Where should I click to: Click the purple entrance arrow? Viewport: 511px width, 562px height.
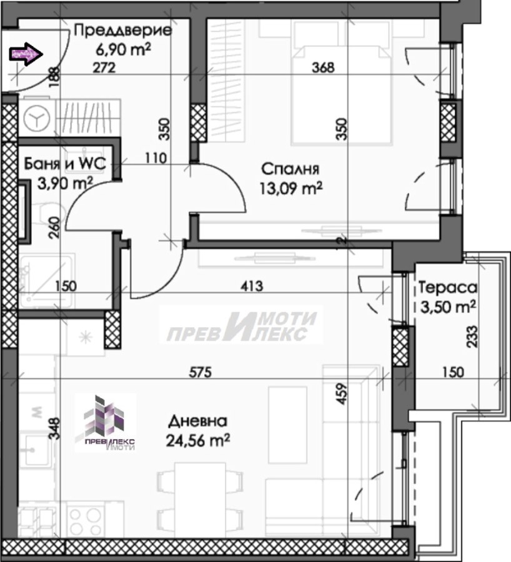(x=26, y=54)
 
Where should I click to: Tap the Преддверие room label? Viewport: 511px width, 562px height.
(x=123, y=31)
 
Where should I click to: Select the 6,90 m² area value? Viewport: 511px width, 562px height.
(x=123, y=49)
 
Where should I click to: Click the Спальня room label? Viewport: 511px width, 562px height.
(x=290, y=169)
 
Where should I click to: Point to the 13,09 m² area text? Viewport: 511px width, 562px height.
(x=291, y=188)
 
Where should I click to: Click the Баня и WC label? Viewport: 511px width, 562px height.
(x=65, y=164)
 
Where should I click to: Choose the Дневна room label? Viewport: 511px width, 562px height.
(x=198, y=421)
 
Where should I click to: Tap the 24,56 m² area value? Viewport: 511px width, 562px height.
(x=198, y=440)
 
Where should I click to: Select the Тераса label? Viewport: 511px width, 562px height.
(x=448, y=287)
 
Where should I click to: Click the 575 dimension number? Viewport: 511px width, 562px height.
(x=201, y=372)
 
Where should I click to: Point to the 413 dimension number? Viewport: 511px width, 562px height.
(x=252, y=286)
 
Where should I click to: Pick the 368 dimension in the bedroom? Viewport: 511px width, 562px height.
(x=323, y=67)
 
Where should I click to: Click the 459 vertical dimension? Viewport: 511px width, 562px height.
(x=342, y=394)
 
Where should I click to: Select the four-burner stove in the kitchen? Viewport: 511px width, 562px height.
(x=86, y=522)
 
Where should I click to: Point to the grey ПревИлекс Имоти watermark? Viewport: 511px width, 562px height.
(x=241, y=325)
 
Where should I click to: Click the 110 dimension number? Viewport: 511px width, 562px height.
(x=156, y=158)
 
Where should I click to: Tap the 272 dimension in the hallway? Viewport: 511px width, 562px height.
(x=104, y=67)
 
